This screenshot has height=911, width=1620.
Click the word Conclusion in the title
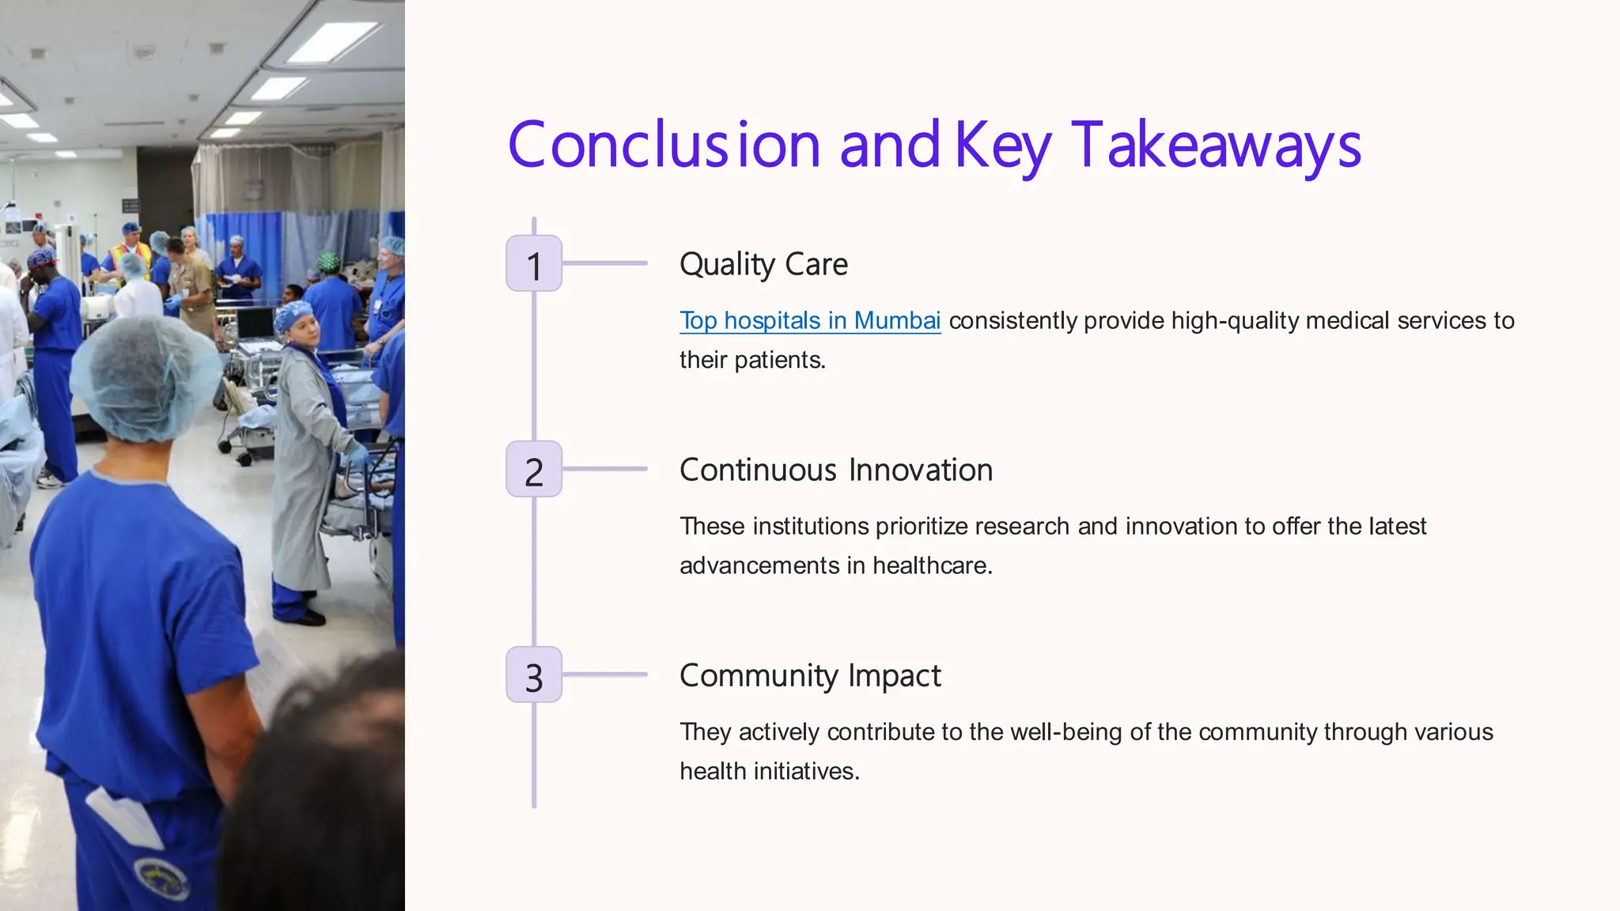(x=664, y=146)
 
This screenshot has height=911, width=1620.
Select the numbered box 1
(x=534, y=263)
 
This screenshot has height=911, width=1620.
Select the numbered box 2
(x=534, y=470)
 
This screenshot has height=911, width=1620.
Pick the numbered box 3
(x=534, y=675)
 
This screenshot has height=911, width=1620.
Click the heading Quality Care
(x=763, y=264)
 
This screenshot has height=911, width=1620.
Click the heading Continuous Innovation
(x=836, y=470)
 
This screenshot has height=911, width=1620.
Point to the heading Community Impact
(x=810, y=675)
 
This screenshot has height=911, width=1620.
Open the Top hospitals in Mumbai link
(x=810, y=320)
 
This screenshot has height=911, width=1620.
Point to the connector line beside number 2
(x=605, y=469)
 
